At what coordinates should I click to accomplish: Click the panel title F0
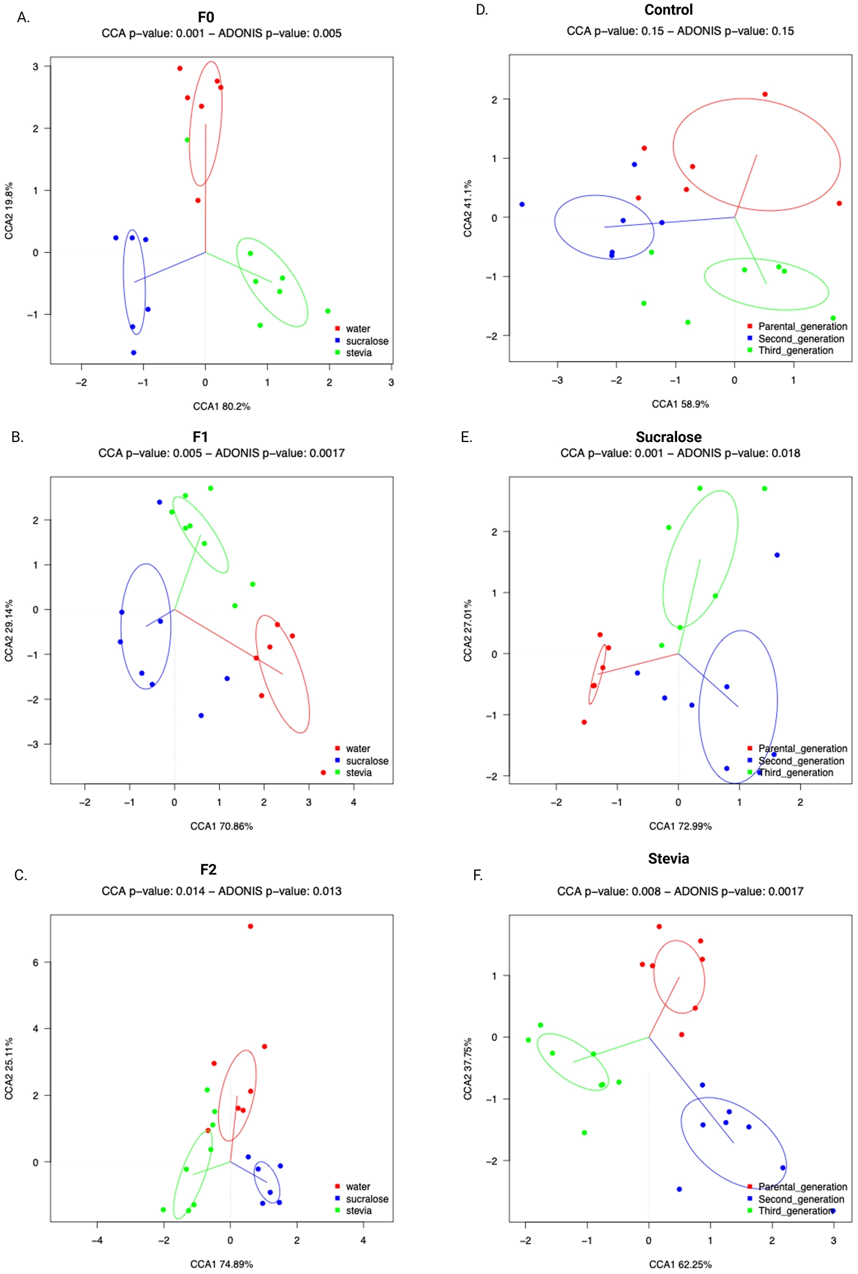coord(206,17)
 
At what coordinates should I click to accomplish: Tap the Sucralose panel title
coord(668,437)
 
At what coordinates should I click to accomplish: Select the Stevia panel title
coord(668,859)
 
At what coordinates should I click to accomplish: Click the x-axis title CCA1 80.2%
coord(222,406)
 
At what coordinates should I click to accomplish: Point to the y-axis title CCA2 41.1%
coord(468,208)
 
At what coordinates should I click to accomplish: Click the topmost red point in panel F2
coord(250,926)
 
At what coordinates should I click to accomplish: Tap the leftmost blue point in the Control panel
coord(522,205)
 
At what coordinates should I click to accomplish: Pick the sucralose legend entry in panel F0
coord(366,341)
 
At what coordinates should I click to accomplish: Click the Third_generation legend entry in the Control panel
coord(795,351)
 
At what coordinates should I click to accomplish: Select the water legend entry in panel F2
coord(357,1187)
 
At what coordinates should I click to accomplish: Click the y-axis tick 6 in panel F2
coord(36,962)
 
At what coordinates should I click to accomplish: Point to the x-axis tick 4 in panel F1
coord(354,802)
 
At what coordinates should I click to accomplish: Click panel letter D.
coord(482,10)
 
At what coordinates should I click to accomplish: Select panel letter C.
coord(21,875)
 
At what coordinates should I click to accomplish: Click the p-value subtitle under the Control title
coord(680,31)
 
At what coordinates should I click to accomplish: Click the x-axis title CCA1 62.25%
coord(680,1264)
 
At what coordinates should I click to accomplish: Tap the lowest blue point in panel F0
coord(134,352)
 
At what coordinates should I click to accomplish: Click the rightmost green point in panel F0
coord(328,311)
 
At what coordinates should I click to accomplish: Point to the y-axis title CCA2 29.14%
coord(9,631)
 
